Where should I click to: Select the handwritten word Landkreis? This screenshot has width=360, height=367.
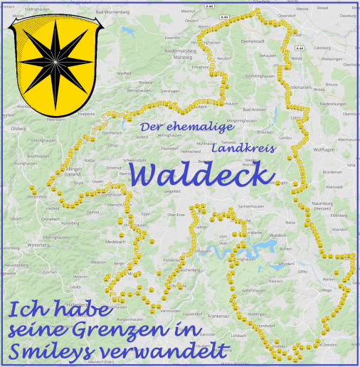pos(242,150)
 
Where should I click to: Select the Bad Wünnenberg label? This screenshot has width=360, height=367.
pos(112,12)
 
